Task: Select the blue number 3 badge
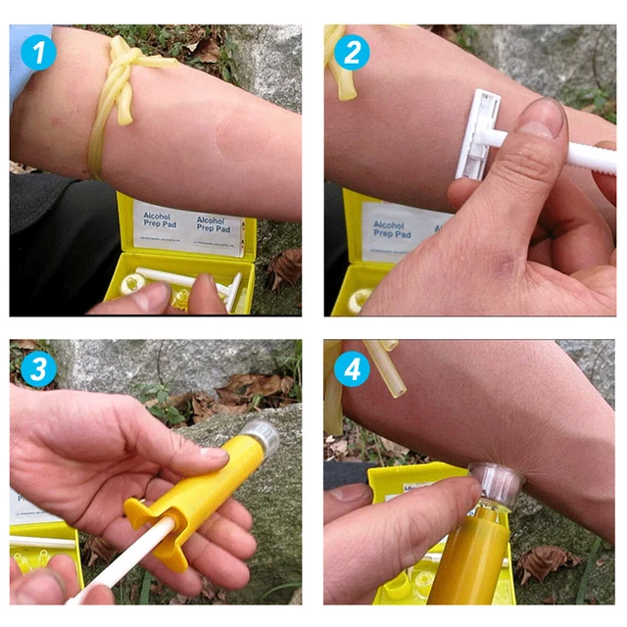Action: (37, 369)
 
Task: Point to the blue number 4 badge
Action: (352, 369)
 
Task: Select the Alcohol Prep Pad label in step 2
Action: (389, 229)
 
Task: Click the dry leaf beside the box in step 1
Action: (285, 265)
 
